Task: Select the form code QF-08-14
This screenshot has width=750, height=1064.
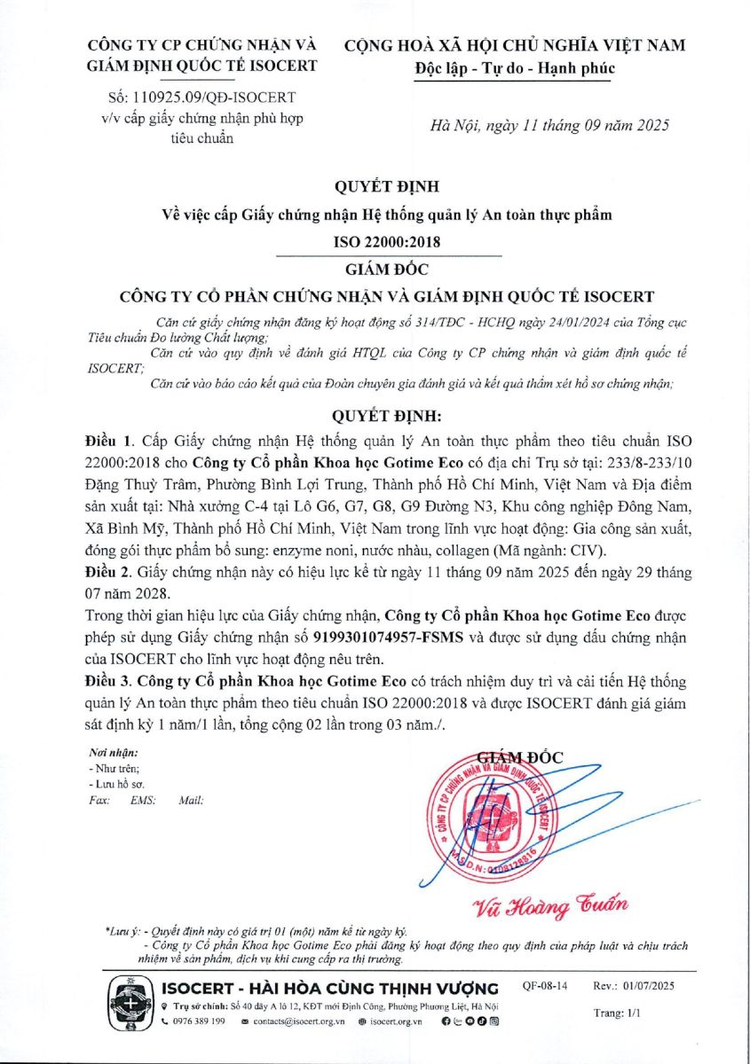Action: [545, 986]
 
